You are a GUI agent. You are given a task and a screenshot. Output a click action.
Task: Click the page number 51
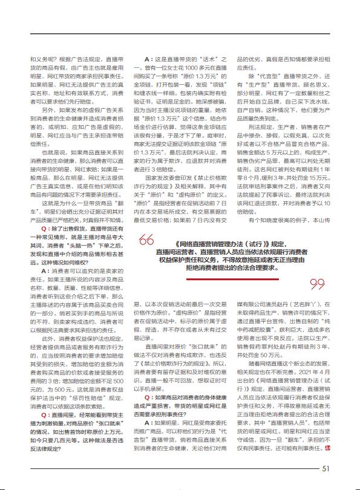326,468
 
